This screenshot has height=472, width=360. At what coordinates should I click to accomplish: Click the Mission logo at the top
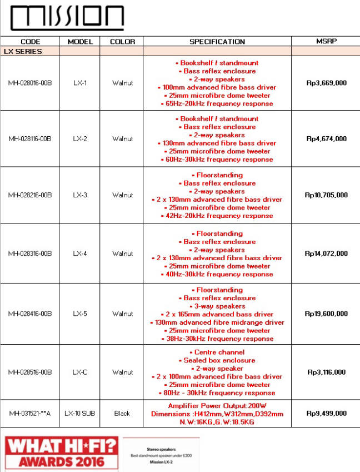(x=67, y=18)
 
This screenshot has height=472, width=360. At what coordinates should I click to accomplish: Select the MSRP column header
(x=327, y=41)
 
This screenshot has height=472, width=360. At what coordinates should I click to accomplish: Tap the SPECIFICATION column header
(x=217, y=42)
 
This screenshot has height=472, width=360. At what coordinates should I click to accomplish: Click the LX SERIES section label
(x=23, y=51)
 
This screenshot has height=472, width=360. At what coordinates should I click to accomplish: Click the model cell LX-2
(x=80, y=139)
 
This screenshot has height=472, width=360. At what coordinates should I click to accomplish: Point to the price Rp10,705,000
(x=327, y=195)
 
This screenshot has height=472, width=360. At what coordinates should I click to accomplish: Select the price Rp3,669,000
(x=327, y=83)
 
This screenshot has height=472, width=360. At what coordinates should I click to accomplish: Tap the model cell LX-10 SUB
(x=80, y=413)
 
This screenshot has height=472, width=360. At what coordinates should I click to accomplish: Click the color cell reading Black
(x=122, y=413)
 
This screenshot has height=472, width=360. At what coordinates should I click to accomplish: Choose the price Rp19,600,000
(x=327, y=314)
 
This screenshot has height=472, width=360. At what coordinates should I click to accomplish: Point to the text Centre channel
(x=217, y=352)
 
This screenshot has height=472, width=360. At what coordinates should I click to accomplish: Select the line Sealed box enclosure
(x=217, y=360)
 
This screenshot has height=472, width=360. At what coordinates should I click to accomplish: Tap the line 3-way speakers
(x=217, y=306)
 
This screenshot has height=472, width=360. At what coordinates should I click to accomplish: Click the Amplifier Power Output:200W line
(x=217, y=406)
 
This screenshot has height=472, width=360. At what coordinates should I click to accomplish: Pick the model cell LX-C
(x=80, y=372)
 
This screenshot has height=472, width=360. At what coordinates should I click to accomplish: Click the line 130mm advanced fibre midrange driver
(x=217, y=322)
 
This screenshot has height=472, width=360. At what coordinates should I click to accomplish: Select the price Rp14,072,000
(x=327, y=254)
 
